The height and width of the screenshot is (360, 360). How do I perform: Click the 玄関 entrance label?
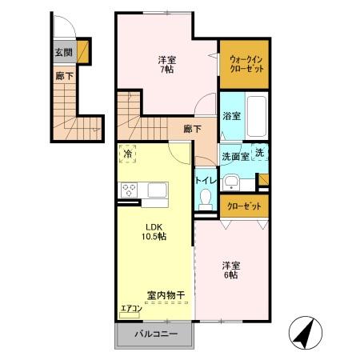[x=62, y=54]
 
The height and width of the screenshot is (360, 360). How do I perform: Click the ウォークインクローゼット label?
[x=243, y=63]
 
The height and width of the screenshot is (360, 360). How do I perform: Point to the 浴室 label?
[x=231, y=116]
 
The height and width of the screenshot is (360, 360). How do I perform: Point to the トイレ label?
[x=206, y=181]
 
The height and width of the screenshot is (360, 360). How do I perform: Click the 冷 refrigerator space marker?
[x=128, y=154]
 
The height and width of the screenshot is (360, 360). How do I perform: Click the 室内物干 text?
[x=166, y=294]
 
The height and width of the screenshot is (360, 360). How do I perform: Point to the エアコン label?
[x=130, y=308]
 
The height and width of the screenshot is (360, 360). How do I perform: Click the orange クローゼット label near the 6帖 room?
[x=244, y=206]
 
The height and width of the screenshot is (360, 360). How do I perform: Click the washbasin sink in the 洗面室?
[x=232, y=179]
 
